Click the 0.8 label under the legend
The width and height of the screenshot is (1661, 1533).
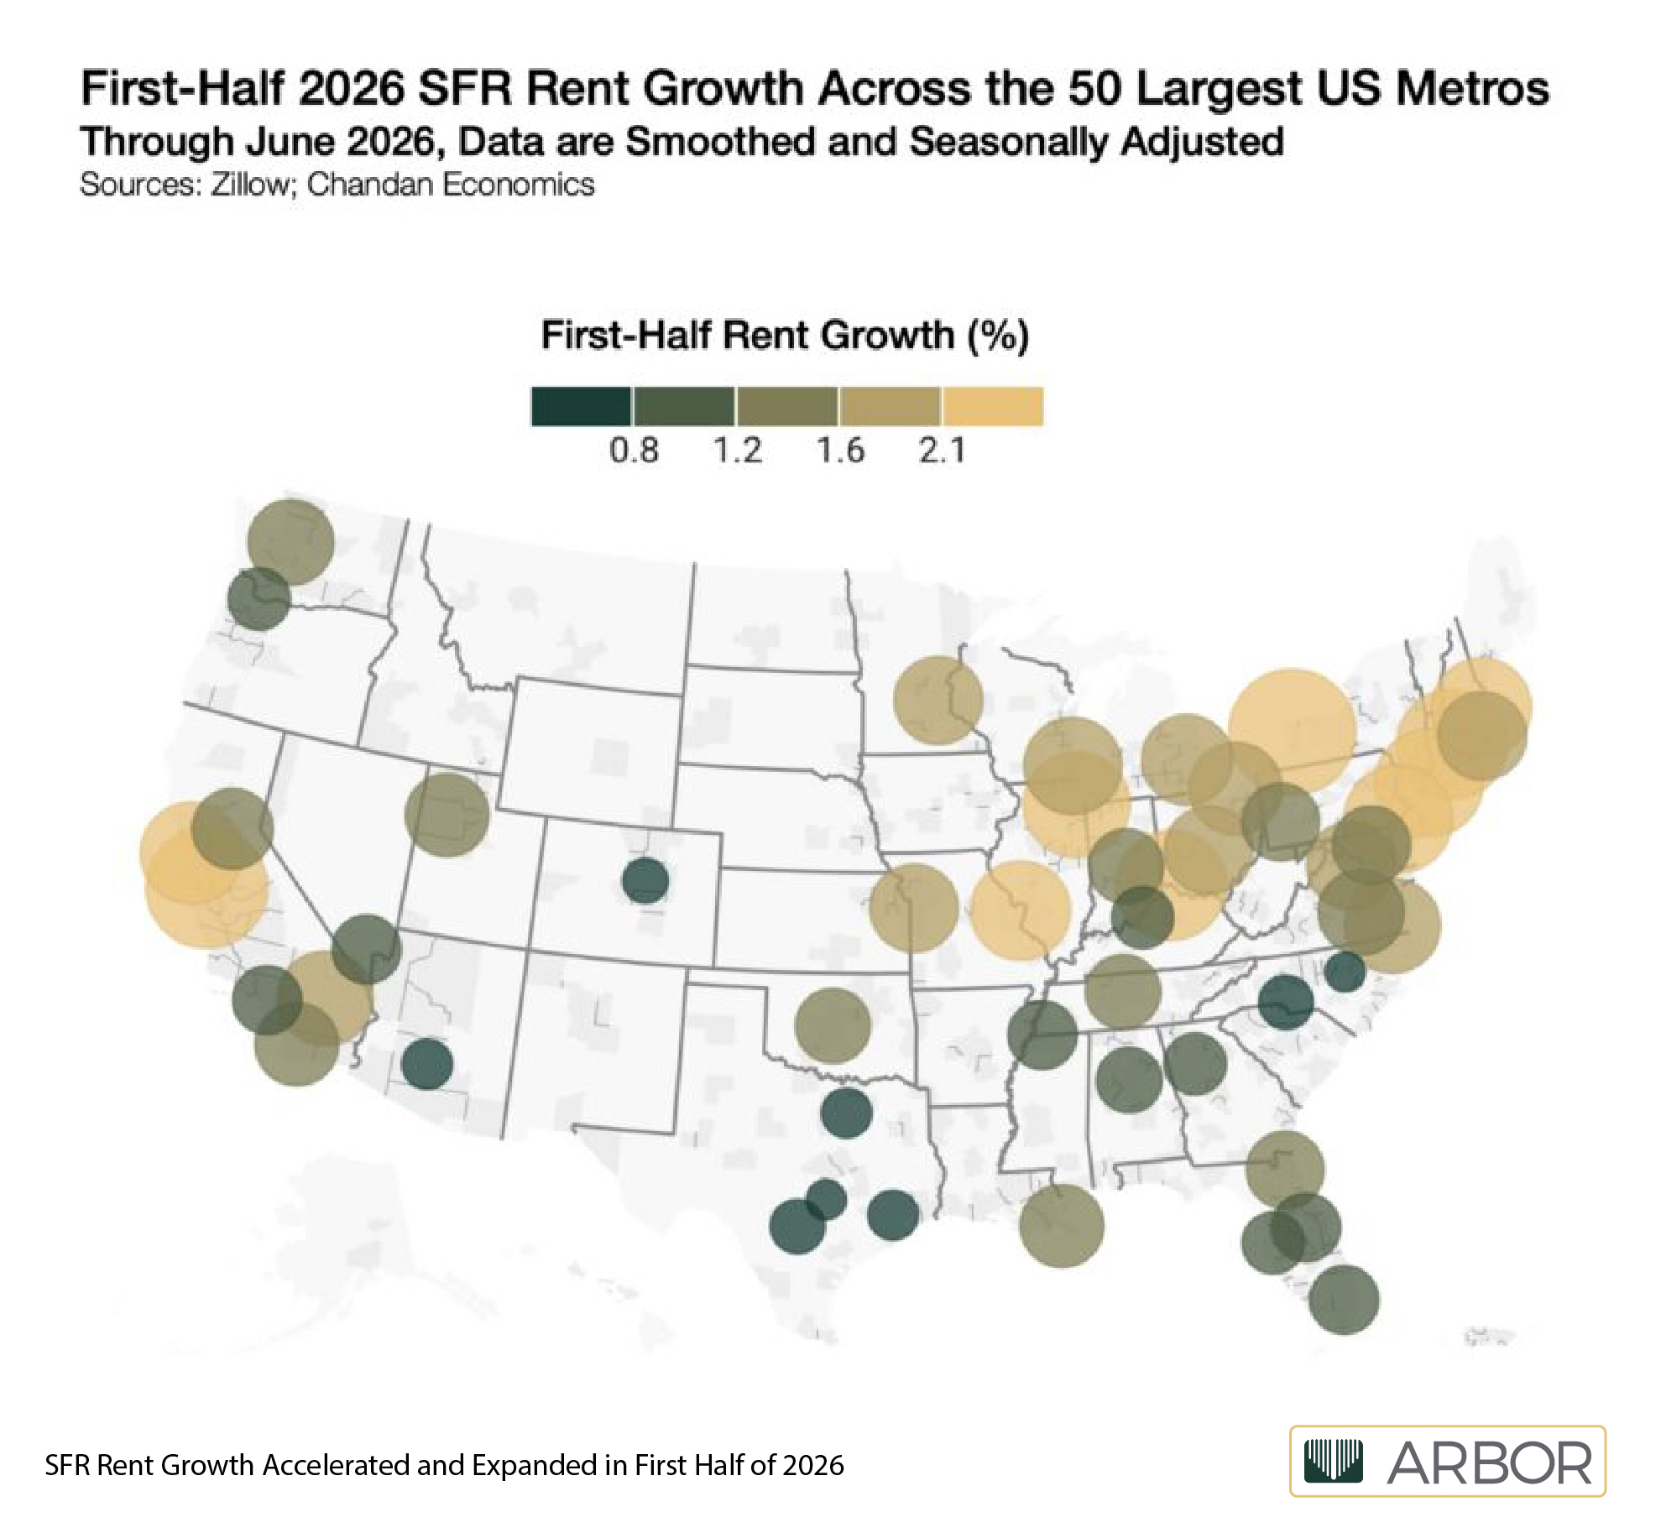tap(634, 451)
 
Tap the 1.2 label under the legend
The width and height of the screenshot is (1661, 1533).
tap(738, 451)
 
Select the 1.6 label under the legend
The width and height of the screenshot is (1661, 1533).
tap(840, 451)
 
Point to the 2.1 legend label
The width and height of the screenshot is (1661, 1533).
tap(942, 451)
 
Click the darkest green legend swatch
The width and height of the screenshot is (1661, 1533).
tap(581, 406)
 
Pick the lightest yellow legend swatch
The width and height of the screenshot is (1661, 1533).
tap(993, 406)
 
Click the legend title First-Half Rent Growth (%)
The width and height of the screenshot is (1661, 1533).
tap(785, 336)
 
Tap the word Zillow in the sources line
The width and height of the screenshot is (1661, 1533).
tap(249, 185)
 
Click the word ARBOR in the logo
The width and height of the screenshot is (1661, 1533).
tap(1489, 1463)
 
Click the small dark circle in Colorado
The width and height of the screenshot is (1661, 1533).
tap(645, 881)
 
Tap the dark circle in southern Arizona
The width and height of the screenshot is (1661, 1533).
tap(427, 1064)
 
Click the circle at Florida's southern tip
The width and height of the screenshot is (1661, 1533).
tap(1344, 1300)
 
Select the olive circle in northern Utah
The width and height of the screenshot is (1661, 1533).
tap(447, 815)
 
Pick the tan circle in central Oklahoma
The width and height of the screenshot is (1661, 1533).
tap(833, 1025)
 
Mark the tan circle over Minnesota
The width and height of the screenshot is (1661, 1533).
tap(938, 700)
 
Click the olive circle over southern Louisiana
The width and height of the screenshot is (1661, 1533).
tap(1062, 1226)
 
